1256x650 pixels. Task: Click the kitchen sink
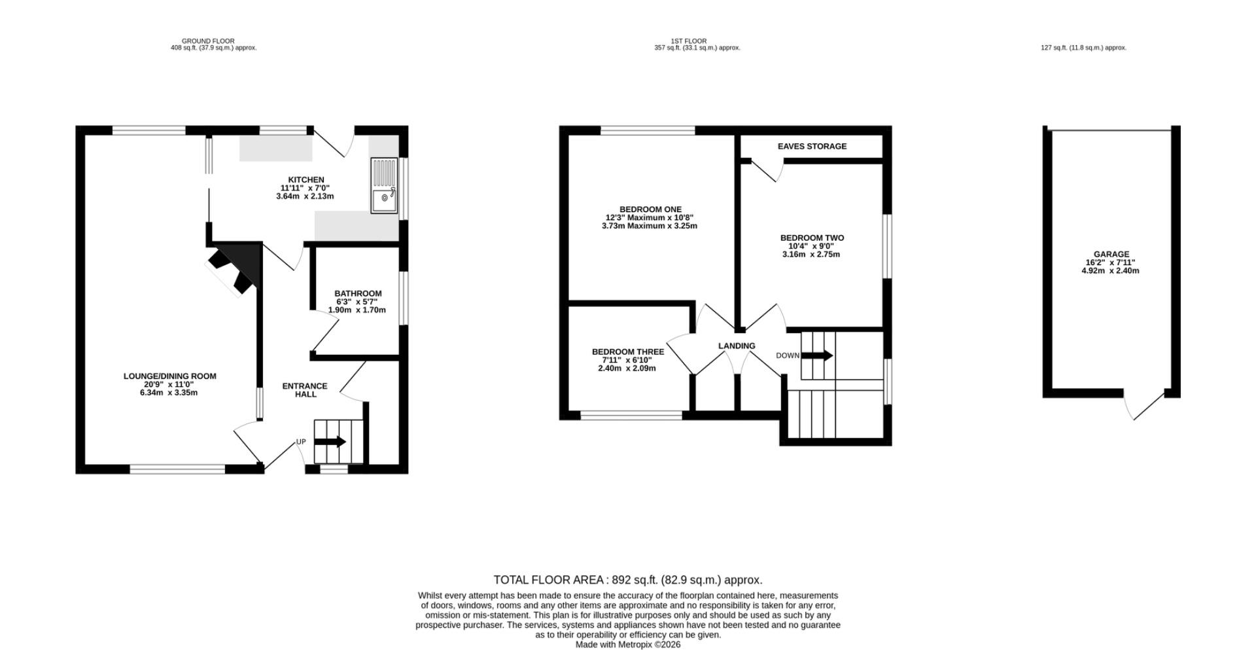(x=384, y=185)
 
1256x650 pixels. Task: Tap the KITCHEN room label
(x=306, y=180)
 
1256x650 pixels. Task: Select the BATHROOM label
(x=358, y=294)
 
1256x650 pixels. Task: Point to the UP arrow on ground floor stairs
(x=330, y=442)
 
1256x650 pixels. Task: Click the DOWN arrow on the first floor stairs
(x=817, y=356)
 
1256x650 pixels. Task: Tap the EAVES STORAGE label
(x=812, y=147)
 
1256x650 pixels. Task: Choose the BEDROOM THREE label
(x=628, y=352)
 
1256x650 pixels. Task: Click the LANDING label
(x=737, y=346)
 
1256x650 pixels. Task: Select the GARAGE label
(x=1111, y=255)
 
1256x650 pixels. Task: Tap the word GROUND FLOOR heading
(x=208, y=41)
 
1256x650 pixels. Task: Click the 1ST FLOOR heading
(x=689, y=41)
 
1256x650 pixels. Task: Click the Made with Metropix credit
(x=628, y=645)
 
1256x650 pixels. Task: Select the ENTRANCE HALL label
(x=305, y=390)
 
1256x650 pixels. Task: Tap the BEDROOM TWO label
(x=812, y=238)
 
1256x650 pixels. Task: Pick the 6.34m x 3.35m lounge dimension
(x=169, y=393)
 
